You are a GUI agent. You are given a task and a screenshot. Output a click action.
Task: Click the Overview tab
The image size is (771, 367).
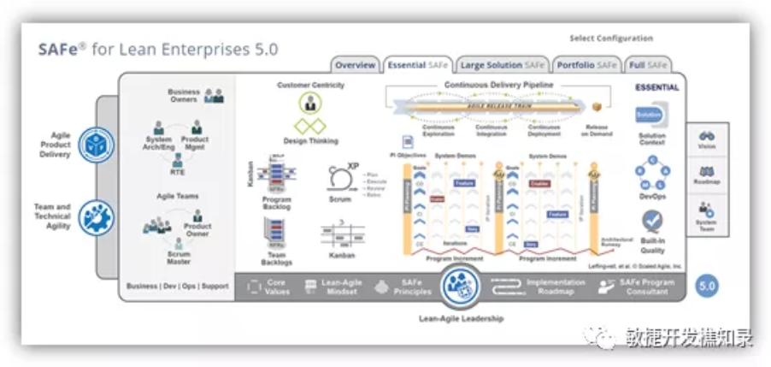point(355,65)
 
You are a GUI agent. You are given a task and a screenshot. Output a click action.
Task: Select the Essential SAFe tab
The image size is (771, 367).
point(417,65)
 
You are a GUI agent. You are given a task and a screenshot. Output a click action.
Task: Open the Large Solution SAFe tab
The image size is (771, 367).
point(502,65)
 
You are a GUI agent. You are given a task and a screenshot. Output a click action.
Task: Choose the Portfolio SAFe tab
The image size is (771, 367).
point(586,65)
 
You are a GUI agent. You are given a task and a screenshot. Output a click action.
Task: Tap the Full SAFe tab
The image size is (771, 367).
point(647,65)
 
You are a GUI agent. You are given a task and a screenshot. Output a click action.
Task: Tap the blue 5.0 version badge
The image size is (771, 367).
point(706,286)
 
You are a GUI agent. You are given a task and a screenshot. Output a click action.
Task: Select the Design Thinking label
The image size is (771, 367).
point(310,141)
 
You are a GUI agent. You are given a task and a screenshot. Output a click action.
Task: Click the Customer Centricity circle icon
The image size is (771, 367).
point(310,104)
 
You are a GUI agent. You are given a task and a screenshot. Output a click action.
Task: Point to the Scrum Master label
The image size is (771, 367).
point(179,257)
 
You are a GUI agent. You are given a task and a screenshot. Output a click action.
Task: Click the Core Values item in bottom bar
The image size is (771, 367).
point(275,287)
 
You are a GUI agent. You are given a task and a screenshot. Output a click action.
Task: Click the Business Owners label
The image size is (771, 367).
point(184,95)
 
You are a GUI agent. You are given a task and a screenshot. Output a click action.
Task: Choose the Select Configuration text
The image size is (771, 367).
point(610,38)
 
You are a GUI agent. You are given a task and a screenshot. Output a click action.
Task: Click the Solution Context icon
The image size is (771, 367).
point(651,115)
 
